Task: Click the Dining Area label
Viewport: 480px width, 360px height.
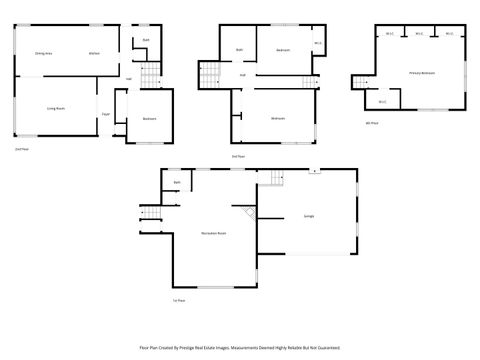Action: click(x=43, y=53)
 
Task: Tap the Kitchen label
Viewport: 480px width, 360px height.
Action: click(x=93, y=53)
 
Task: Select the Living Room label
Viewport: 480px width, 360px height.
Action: click(x=55, y=107)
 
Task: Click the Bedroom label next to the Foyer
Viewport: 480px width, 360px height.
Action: click(x=148, y=119)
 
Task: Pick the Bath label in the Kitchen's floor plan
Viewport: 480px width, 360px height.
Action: click(x=146, y=40)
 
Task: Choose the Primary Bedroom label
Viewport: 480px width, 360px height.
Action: click(x=406, y=73)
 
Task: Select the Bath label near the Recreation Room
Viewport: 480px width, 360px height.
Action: click(x=177, y=183)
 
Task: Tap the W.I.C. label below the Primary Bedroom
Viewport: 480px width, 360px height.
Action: click(x=383, y=101)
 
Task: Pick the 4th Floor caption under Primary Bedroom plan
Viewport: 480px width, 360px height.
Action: click(x=372, y=122)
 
